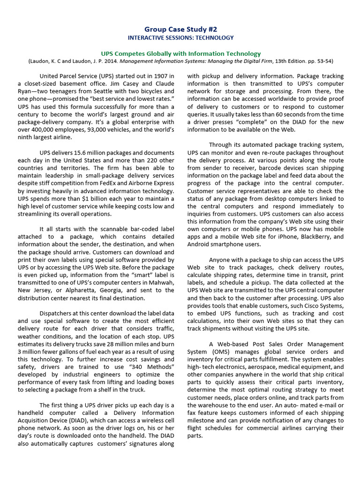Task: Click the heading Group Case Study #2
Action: [x=180, y=29]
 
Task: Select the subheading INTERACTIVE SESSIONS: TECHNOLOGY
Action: [x=180, y=38]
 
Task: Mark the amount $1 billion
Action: [x=82, y=199]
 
